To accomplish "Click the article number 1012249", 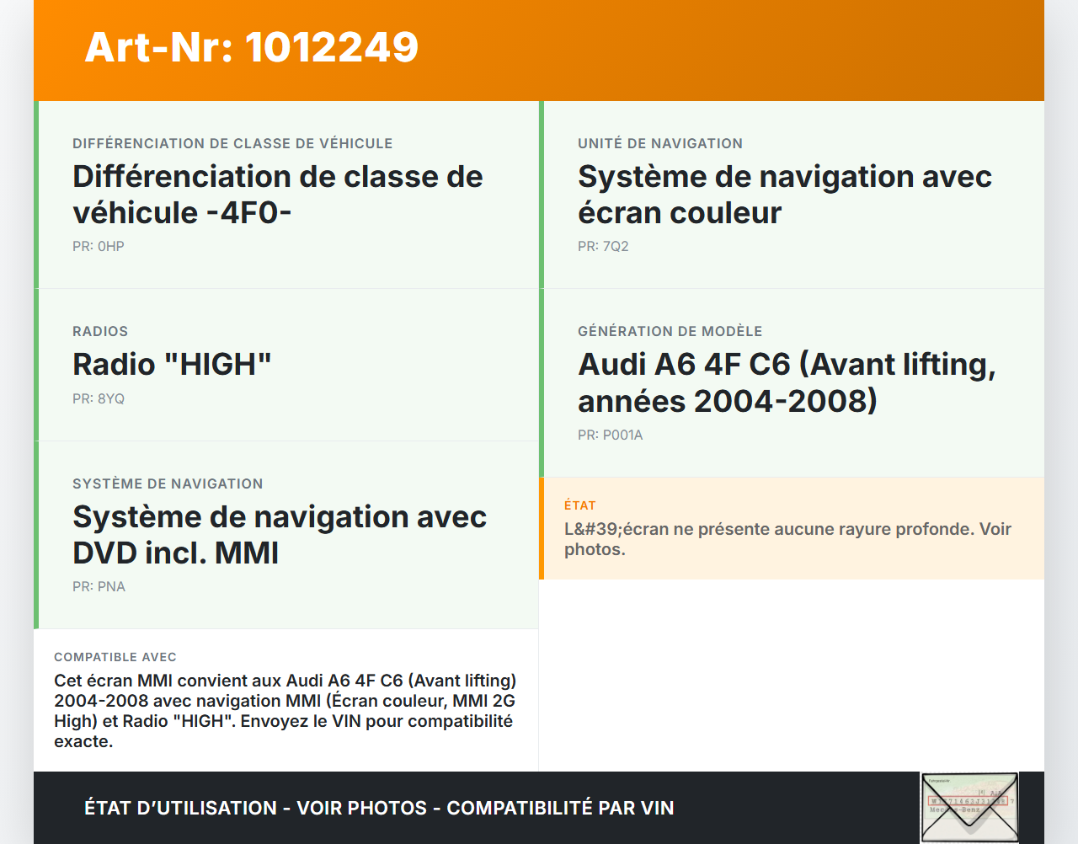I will [332, 47].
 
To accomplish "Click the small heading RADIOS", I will [100, 332].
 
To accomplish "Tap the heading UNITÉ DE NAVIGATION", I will [659, 144].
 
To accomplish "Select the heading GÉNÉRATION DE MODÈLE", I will [670, 332].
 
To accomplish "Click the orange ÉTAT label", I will [579, 505].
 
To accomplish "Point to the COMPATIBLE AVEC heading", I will [115, 657].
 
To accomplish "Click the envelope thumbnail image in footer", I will [969, 807].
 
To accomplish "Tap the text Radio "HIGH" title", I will [172, 365].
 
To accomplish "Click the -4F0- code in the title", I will [248, 213].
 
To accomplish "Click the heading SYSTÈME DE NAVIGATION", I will [168, 484].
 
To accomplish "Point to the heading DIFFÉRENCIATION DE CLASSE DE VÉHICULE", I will [232, 144].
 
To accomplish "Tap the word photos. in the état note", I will [595, 550].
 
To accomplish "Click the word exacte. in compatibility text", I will [83, 742].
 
